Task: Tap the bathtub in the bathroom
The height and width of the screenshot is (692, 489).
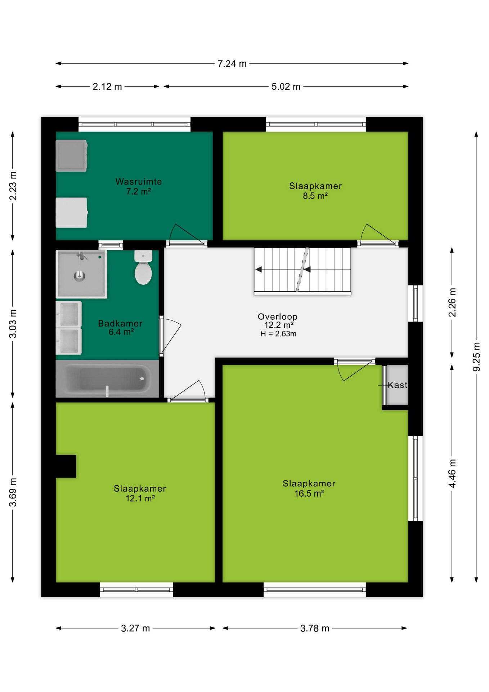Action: (107, 378)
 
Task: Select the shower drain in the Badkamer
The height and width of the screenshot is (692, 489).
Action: (80, 276)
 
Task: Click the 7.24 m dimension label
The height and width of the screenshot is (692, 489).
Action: (232, 64)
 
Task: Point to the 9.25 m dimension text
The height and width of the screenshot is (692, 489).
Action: (476, 357)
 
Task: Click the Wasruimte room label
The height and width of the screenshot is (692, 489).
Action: (139, 182)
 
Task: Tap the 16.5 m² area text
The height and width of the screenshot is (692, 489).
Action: (309, 493)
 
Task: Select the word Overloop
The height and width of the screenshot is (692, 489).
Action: (278, 316)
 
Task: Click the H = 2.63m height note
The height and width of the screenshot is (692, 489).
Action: (278, 334)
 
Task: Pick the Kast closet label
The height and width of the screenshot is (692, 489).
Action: (398, 385)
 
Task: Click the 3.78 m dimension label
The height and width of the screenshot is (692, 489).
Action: (315, 629)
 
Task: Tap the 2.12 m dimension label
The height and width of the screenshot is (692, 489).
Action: (107, 87)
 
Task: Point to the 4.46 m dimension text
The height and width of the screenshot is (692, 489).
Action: (452, 474)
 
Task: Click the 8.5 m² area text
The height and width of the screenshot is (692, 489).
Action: (315, 196)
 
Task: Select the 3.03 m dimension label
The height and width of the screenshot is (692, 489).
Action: (13, 324)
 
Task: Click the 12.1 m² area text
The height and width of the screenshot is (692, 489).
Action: (140, 498)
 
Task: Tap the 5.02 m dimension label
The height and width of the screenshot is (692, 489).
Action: (286, 87)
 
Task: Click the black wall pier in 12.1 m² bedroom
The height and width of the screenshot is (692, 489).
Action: (66, 466)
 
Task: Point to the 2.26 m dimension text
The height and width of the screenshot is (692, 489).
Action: (452, 302)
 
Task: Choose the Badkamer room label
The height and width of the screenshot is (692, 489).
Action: (120, 323)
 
